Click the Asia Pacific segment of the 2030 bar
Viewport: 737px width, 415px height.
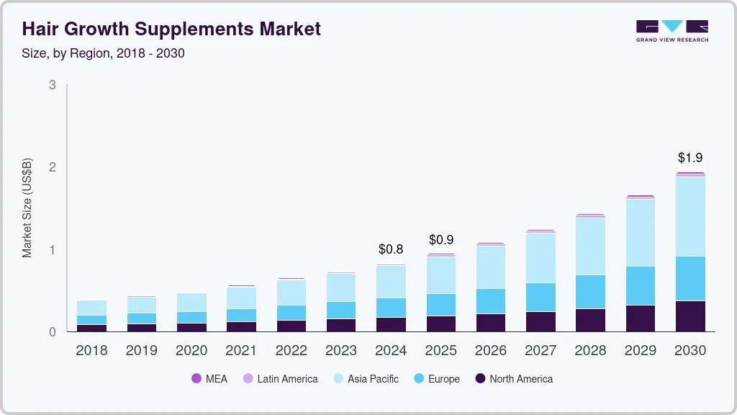691,216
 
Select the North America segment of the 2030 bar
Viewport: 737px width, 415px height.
691,316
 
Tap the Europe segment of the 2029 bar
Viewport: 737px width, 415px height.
641,285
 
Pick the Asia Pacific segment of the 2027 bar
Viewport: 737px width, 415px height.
541,257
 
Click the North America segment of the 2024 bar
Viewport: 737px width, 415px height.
391,324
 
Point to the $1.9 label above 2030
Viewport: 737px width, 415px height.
691,158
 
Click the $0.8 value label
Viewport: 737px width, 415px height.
391,249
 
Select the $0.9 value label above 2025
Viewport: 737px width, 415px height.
441,239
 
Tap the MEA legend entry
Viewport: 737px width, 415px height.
209,378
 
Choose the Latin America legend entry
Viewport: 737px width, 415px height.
280,378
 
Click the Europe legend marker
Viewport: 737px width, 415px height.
416,378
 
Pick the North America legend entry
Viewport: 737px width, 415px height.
514,378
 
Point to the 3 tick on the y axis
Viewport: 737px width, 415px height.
52,85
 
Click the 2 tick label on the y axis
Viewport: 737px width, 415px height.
52,167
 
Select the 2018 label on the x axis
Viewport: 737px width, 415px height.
91,351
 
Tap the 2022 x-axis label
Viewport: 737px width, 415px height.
291,351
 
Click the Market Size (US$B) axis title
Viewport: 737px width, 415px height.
27,207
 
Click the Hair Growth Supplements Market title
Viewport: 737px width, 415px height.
171,29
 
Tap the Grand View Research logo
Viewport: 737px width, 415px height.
672,31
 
